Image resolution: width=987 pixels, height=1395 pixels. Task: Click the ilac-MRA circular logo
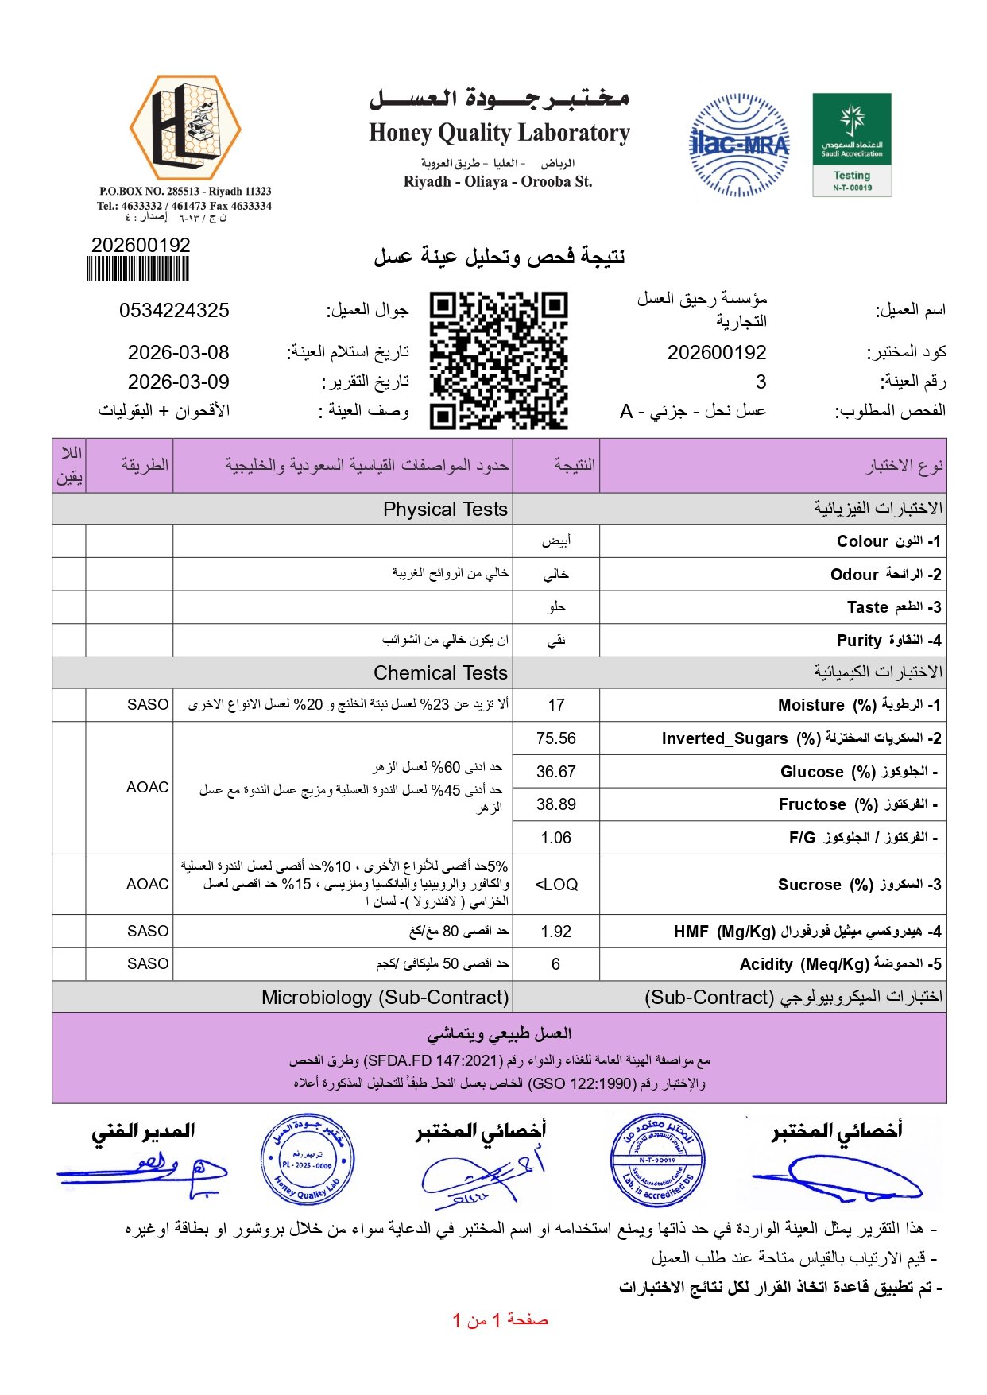(x=739, y=145)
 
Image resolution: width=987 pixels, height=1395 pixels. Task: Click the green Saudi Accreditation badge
(x=852, y=145)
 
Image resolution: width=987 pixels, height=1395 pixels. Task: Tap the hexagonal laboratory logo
(x=185, y=127)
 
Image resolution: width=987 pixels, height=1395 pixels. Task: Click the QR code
(x=499, y=360)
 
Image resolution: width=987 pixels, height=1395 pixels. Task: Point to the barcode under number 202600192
(x=138, y=269)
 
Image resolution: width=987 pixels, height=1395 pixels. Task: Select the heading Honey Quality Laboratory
(x=499, y=133)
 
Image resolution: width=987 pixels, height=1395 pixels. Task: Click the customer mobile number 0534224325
(x=174, y=310)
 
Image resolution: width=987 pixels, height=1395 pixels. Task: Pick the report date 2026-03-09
(x=178, y=382)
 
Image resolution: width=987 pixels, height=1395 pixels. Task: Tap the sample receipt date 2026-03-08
(x=178, y=352)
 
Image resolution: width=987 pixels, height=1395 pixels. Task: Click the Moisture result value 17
(x=556, y=705)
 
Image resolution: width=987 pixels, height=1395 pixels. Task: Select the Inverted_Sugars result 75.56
(x=556, y=738)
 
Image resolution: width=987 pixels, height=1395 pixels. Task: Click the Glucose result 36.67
(x=556, y=772)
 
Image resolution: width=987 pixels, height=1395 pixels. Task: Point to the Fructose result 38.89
(x=556, y=804)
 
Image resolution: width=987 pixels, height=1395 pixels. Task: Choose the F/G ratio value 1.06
(x=556, y=838)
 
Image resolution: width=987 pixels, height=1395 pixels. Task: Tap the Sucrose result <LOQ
(x=556, y=885)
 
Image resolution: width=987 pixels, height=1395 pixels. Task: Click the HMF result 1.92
(x=556, y=932)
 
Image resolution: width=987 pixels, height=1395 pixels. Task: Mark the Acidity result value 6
(x=555, y=964)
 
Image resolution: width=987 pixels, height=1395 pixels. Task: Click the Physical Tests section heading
(x=445, y=509)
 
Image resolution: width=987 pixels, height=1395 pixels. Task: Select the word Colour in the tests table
(x=862, y=541)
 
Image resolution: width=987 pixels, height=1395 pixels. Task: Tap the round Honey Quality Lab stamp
(x=308, y=1161)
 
